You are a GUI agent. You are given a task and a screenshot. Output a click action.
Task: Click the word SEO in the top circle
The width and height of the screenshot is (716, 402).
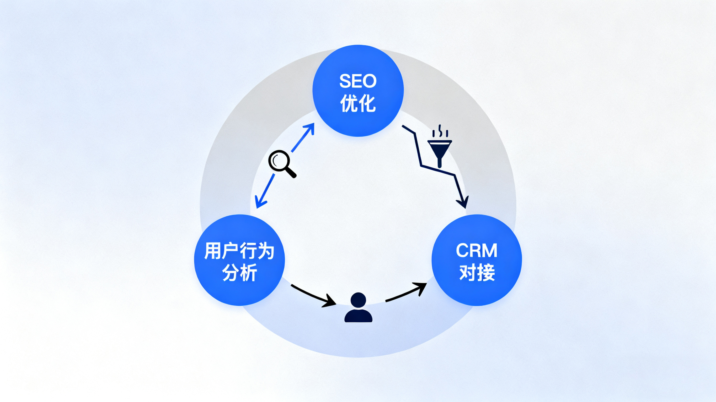point(358,81)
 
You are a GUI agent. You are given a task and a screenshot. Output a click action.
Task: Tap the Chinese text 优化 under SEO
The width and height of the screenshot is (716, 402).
point(358,103)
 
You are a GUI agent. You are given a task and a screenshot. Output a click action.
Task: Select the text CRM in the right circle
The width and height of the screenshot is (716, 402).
point(476,250)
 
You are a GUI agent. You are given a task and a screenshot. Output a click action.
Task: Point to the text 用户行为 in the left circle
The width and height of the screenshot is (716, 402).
point(239,251)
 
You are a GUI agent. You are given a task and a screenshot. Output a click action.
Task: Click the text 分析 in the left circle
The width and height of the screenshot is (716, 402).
point(239,273)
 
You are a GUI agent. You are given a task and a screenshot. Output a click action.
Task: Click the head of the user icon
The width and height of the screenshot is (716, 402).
point(358,300)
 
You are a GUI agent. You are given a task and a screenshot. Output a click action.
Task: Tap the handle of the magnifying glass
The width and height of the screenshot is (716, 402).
point(291,172)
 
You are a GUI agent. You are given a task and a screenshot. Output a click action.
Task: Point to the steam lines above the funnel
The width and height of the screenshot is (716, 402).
point(440,131)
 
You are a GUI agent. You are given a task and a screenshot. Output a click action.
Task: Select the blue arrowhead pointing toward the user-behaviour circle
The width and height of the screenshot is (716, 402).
point(260,203)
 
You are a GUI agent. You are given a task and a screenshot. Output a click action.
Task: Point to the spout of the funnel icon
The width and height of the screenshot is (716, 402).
point(440,162)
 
